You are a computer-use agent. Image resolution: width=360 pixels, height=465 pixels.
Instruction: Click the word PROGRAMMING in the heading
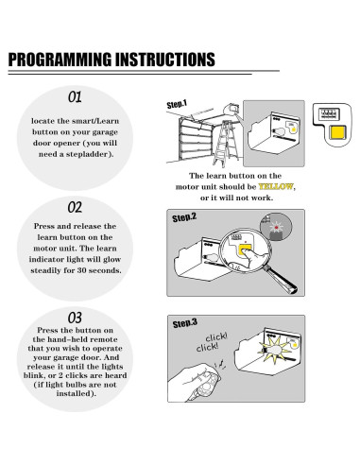(60, 60)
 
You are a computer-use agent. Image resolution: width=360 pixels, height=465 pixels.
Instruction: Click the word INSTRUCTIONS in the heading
(165, 60)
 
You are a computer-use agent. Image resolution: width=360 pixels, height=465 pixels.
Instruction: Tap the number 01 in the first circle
(75, 97)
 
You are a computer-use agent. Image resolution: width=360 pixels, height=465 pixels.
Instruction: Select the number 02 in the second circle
(75, 207)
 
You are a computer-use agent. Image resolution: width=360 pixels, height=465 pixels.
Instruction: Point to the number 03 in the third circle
(75, 318)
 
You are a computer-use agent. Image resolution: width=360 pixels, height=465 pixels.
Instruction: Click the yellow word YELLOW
(276, 186)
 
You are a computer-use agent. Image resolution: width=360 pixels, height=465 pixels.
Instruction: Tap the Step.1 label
(177, 104)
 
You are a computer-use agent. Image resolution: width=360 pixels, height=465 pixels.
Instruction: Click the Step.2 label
(184, 217)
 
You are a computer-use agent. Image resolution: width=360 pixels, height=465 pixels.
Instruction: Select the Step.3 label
(185, 323)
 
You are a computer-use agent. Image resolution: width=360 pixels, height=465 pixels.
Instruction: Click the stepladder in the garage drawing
(226, 144)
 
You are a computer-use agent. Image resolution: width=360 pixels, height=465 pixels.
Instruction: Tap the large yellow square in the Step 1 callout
(337, 132)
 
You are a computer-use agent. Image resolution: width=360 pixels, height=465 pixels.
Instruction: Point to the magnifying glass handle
(281, 280)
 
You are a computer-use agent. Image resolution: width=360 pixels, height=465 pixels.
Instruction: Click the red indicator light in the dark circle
(276, 227)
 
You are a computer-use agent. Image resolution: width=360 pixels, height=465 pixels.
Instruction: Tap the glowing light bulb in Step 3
(275, 350)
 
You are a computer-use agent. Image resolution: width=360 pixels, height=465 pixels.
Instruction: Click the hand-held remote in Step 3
(206, 385)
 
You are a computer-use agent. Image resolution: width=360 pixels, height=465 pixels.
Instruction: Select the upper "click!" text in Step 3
(216, 337)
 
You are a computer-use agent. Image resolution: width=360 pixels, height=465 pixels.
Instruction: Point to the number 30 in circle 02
(80, 270)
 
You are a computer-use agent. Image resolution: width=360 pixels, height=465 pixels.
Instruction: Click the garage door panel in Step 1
(196, 140)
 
